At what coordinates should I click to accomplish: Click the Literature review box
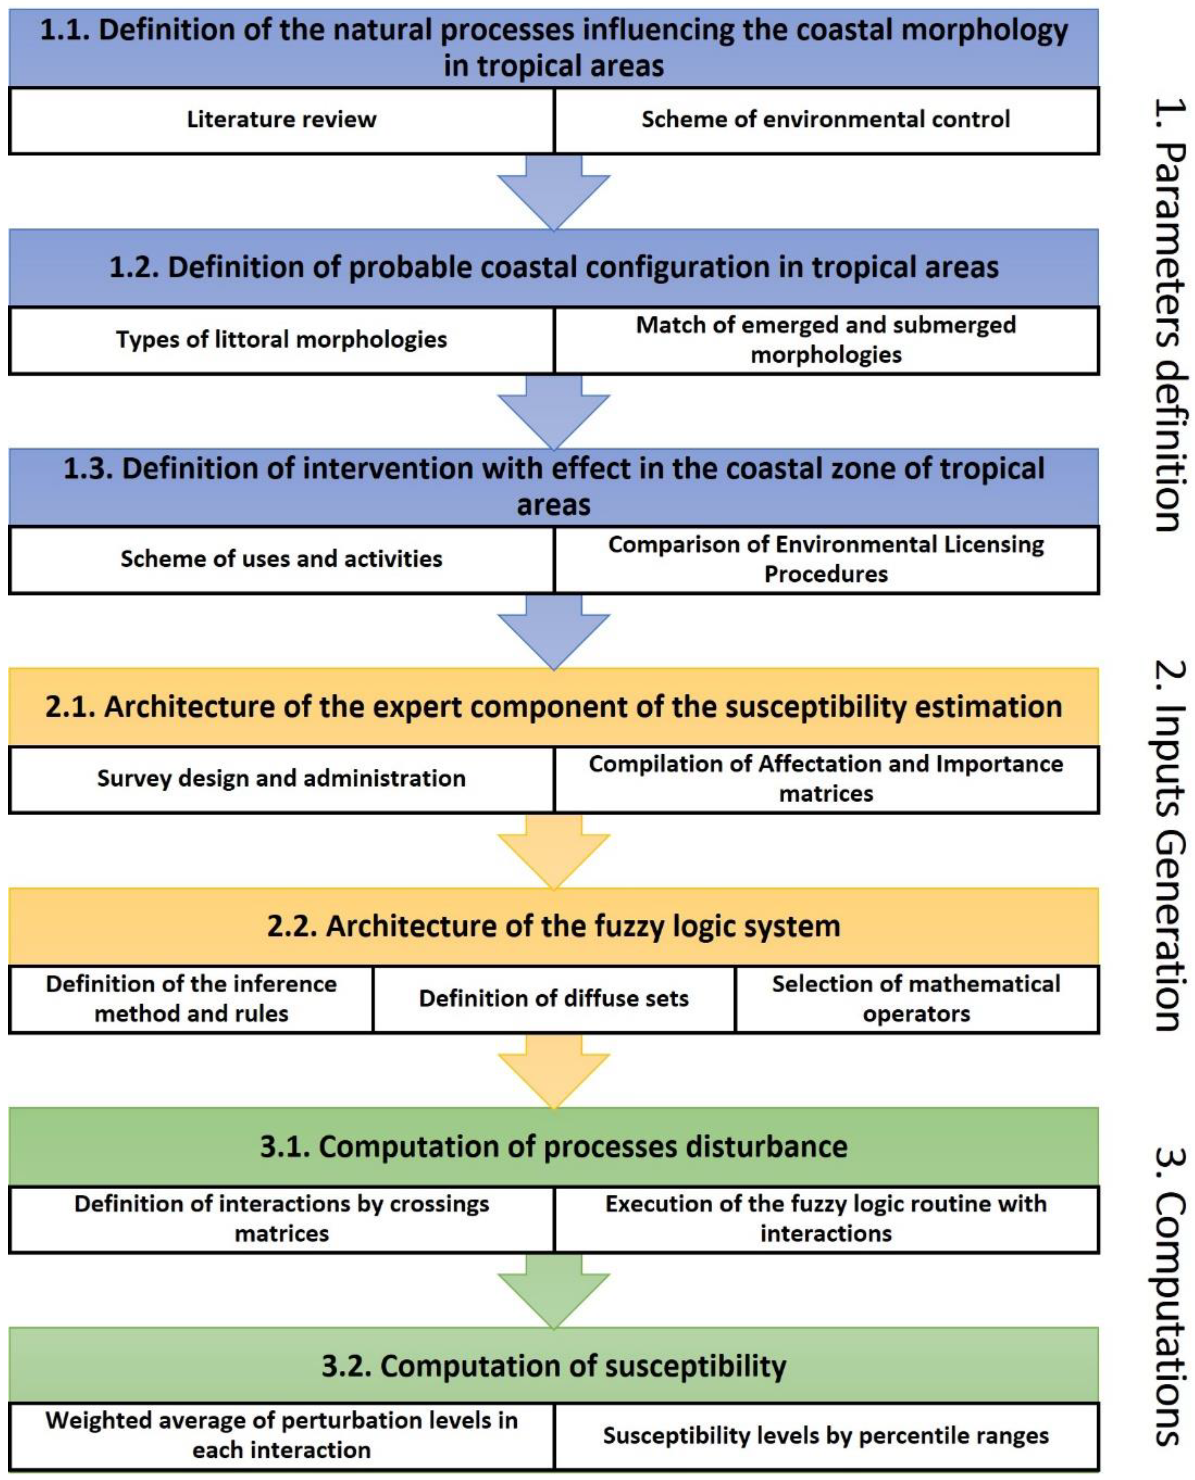coord(281,120)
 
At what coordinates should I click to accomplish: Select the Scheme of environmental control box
coord(825,120)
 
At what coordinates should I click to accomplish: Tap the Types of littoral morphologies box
coord(281,340)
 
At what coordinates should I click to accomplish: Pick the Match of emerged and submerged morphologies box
coord(825,340)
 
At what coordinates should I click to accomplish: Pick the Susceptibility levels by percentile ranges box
coord(825,1436)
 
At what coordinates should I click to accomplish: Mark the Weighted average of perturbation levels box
coord(281,1436)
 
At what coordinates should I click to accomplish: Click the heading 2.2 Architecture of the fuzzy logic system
coord(553,926)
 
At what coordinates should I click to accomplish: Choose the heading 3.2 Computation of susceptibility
coord(553,1366)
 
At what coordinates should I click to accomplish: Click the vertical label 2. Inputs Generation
coord(1169,846)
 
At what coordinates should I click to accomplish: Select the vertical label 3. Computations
coord(1169,1294)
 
